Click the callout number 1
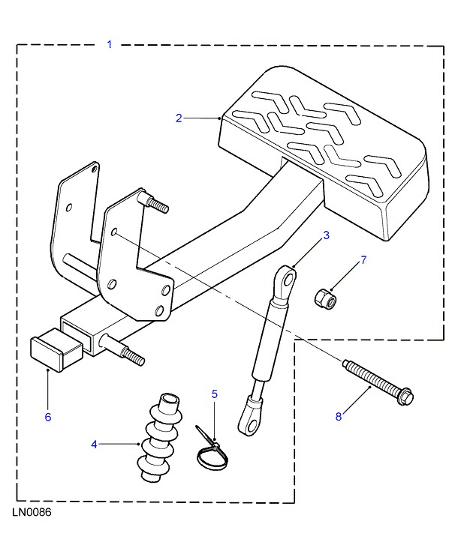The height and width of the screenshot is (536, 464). pos(109,45)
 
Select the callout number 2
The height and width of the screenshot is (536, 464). pos(179,118)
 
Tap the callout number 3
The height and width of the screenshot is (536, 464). pos(327,235)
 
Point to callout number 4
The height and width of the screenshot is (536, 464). pos(95,445)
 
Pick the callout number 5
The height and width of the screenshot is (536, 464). pos(214,393)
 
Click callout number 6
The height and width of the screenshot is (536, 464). pos(48,417)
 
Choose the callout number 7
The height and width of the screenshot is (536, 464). pos(363,260)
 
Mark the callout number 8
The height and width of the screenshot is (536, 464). pos(338,417)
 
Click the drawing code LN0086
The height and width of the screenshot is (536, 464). pos(32,517)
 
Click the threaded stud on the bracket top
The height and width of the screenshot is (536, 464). pos(155,203)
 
